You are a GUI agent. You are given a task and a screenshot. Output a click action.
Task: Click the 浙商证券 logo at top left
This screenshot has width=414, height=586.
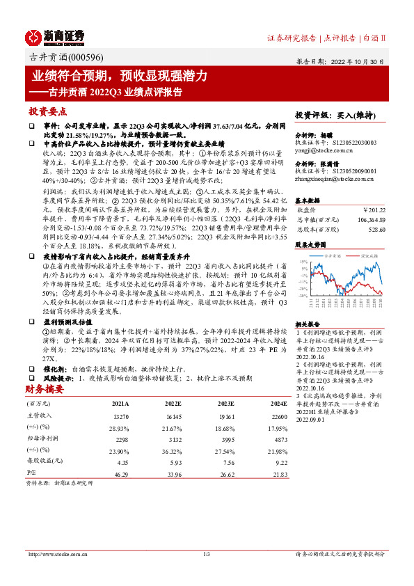[x=55, y=36]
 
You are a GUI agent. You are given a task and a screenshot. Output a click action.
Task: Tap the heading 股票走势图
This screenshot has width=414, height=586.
[x=310, y=245]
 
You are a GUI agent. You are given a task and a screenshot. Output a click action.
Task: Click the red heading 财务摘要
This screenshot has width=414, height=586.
[x=45, y=389]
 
